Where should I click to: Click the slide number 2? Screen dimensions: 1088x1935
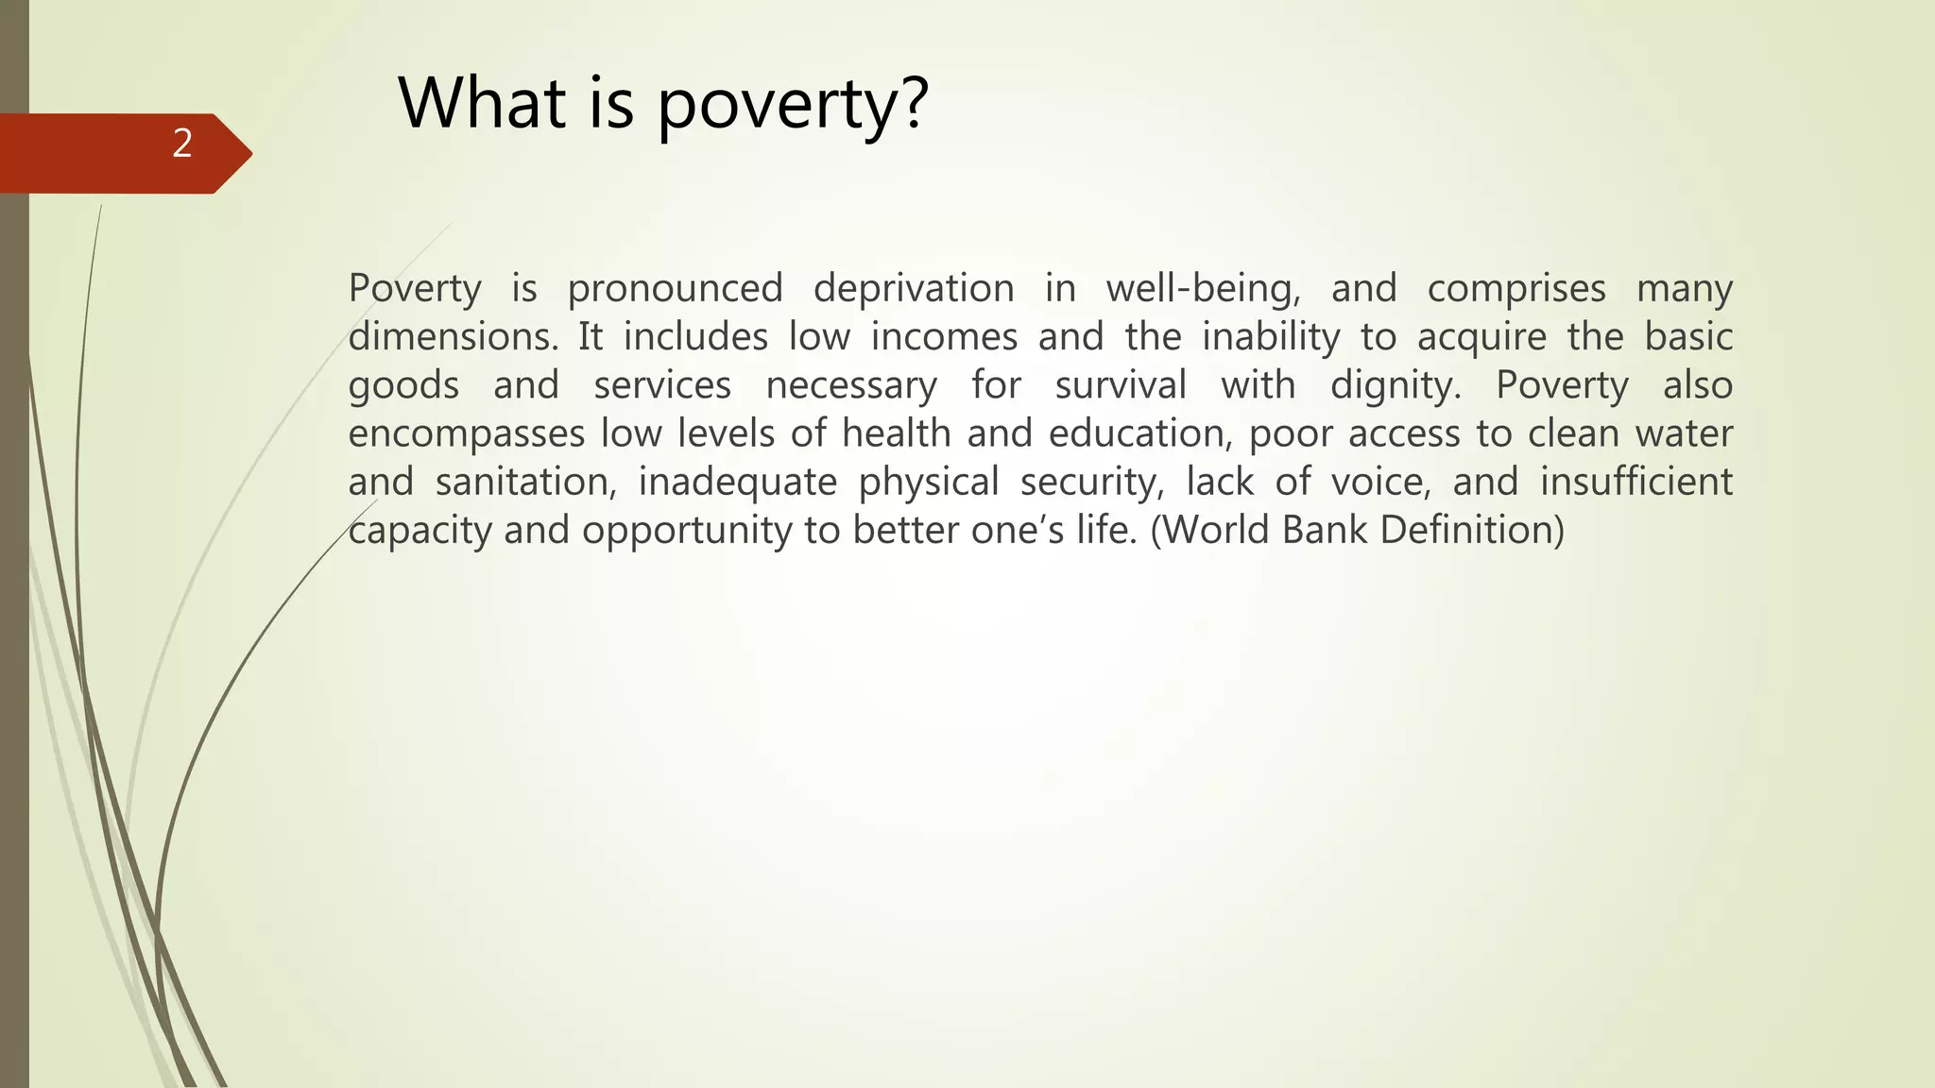point(182,144)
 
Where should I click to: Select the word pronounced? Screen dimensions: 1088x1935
point(675,289)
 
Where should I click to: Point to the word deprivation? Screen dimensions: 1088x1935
point(914,289)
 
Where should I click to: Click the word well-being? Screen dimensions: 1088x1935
point(1203,289)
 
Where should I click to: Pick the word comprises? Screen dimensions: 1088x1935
point(1515,289)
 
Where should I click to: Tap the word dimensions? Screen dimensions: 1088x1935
point(453,337)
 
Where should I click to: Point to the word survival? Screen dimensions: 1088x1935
point(1121,385)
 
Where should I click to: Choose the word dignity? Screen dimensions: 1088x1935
point(1396,385)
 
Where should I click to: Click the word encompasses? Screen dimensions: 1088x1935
point(467,433)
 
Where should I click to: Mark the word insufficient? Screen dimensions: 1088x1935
point(1636,482)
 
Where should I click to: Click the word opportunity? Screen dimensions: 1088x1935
point(687,531)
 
